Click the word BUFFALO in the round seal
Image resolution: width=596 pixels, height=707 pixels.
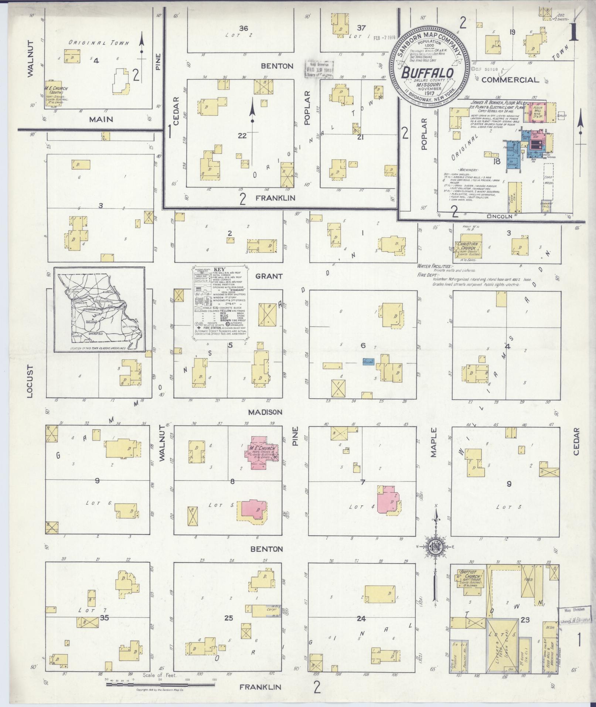coord(428,73)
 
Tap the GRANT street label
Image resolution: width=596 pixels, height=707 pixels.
coord(269,276)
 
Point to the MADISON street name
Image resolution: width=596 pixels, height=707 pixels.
coord(265,412)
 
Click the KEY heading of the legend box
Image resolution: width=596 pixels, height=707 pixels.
coord(219,269)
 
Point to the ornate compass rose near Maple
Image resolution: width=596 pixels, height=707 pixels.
coord(436,547)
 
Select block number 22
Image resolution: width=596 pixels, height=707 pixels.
coord(242,136)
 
